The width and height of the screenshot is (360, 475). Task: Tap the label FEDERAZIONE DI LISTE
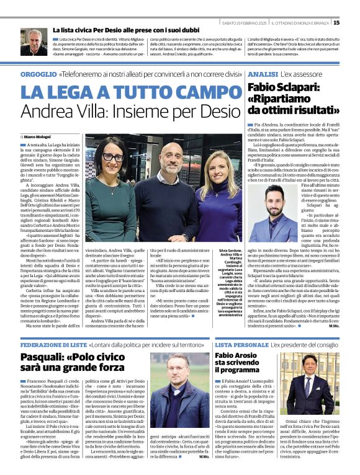[53, 344]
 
